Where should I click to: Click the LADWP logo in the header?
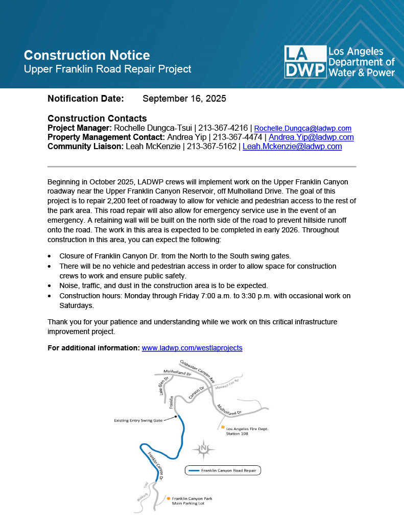tap(339, 62)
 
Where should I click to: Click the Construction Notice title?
tap(87, 55)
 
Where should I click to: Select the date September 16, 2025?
tap(184, 99)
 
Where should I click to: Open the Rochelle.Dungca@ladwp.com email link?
tap(302, 128)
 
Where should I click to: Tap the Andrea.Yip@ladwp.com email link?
tap(311, 137)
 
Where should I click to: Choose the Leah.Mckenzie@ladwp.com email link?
tap(292, 147)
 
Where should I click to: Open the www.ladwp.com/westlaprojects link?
tap(192, 348)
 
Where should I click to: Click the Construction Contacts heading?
tap(97, 118)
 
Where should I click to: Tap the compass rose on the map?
tap(204, 449)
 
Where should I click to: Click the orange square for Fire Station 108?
tap(223, 426)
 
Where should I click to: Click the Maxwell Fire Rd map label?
tap(227, 384)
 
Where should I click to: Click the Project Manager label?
tap(79, 128)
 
